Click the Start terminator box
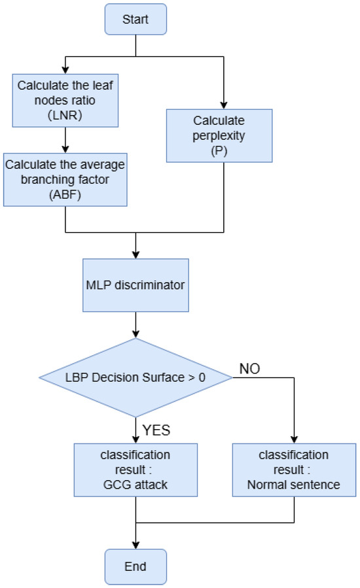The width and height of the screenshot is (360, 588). pos(135,20)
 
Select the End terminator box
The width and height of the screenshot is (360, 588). pos(135,565)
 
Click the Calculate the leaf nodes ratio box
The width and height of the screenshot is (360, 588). pos(65,97)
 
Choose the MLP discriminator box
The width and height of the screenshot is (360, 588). pos(135,285)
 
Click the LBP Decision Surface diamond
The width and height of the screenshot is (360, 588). pos(135,377)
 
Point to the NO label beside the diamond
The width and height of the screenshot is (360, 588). pos(249,369)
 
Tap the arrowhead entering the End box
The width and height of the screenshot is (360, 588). pos(135,545)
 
